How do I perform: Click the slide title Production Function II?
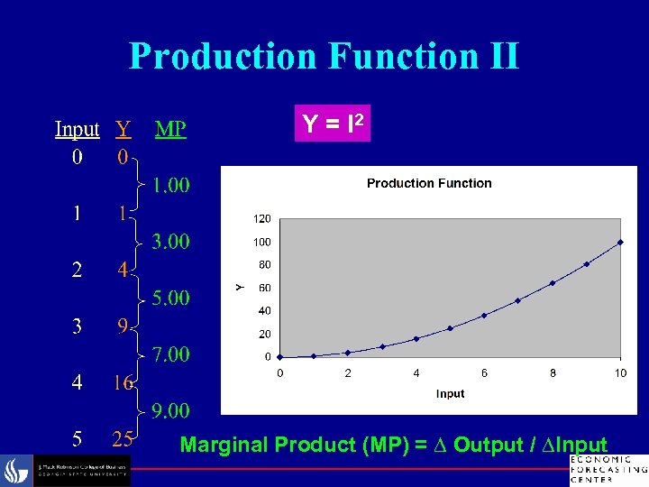point(324,55)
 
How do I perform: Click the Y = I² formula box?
point(332,124)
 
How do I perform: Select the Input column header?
point(77,129)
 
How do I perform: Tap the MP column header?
point(170,129)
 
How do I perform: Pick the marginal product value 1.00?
point(170,186)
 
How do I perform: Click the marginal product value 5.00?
point(170,298)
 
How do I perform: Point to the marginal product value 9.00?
point(170,411)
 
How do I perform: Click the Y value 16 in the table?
point(123,383)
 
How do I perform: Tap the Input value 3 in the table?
point(77,326)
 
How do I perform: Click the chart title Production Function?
point(429,183)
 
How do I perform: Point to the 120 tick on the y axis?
point(262,218)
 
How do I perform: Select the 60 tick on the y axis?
point(265,288)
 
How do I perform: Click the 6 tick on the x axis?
point(484,372)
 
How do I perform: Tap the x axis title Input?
point(450,393)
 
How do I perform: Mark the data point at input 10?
point(620,242)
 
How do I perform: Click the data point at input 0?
point(280,356)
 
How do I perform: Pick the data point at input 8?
point(553,283)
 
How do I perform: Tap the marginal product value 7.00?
point(170,354)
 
